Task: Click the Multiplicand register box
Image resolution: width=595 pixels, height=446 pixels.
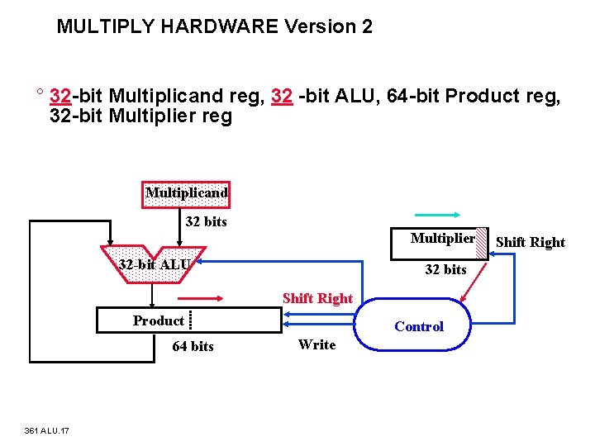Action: tap(186, 193)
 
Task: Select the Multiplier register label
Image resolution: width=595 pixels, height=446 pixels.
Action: tap(443, 239)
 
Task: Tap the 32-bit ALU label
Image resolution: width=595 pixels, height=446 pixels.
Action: tap(155, 264)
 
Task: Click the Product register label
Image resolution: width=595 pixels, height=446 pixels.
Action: tap(158, 320)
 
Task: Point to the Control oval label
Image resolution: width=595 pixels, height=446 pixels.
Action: tap(418, 326)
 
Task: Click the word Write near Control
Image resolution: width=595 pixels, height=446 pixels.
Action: tap(317, 344)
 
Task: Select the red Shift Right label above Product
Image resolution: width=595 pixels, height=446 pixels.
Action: tap(317, 298)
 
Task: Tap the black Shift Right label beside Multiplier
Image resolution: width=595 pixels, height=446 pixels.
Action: tap(530, 242)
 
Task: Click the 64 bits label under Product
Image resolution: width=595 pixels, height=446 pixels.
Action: tap(193, 346)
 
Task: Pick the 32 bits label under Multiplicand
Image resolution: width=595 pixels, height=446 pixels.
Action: tap(206, 221)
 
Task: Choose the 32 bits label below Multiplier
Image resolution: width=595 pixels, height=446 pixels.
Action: tap(445, 269)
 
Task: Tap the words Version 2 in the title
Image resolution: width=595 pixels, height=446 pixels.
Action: tap(328, 26)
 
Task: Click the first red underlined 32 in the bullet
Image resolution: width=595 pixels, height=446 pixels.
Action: tap(60, 97)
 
